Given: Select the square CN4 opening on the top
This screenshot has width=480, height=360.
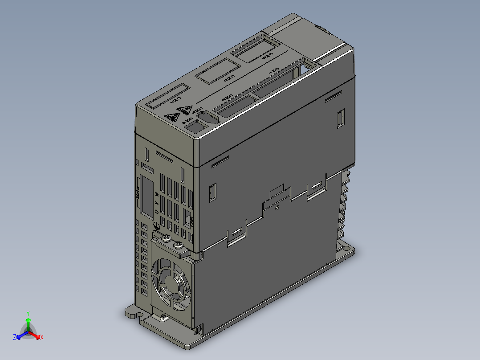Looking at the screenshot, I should click(195, 127).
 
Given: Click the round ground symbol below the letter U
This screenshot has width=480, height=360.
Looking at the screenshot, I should click(156, 226).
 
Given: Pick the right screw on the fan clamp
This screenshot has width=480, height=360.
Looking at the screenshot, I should click(178, 245).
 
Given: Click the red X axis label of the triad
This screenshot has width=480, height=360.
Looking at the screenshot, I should click(42, 337).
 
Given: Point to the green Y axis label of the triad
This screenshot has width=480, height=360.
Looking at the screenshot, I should click(28, 313).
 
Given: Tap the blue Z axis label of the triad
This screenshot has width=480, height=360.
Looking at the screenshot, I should click(15, 337).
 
